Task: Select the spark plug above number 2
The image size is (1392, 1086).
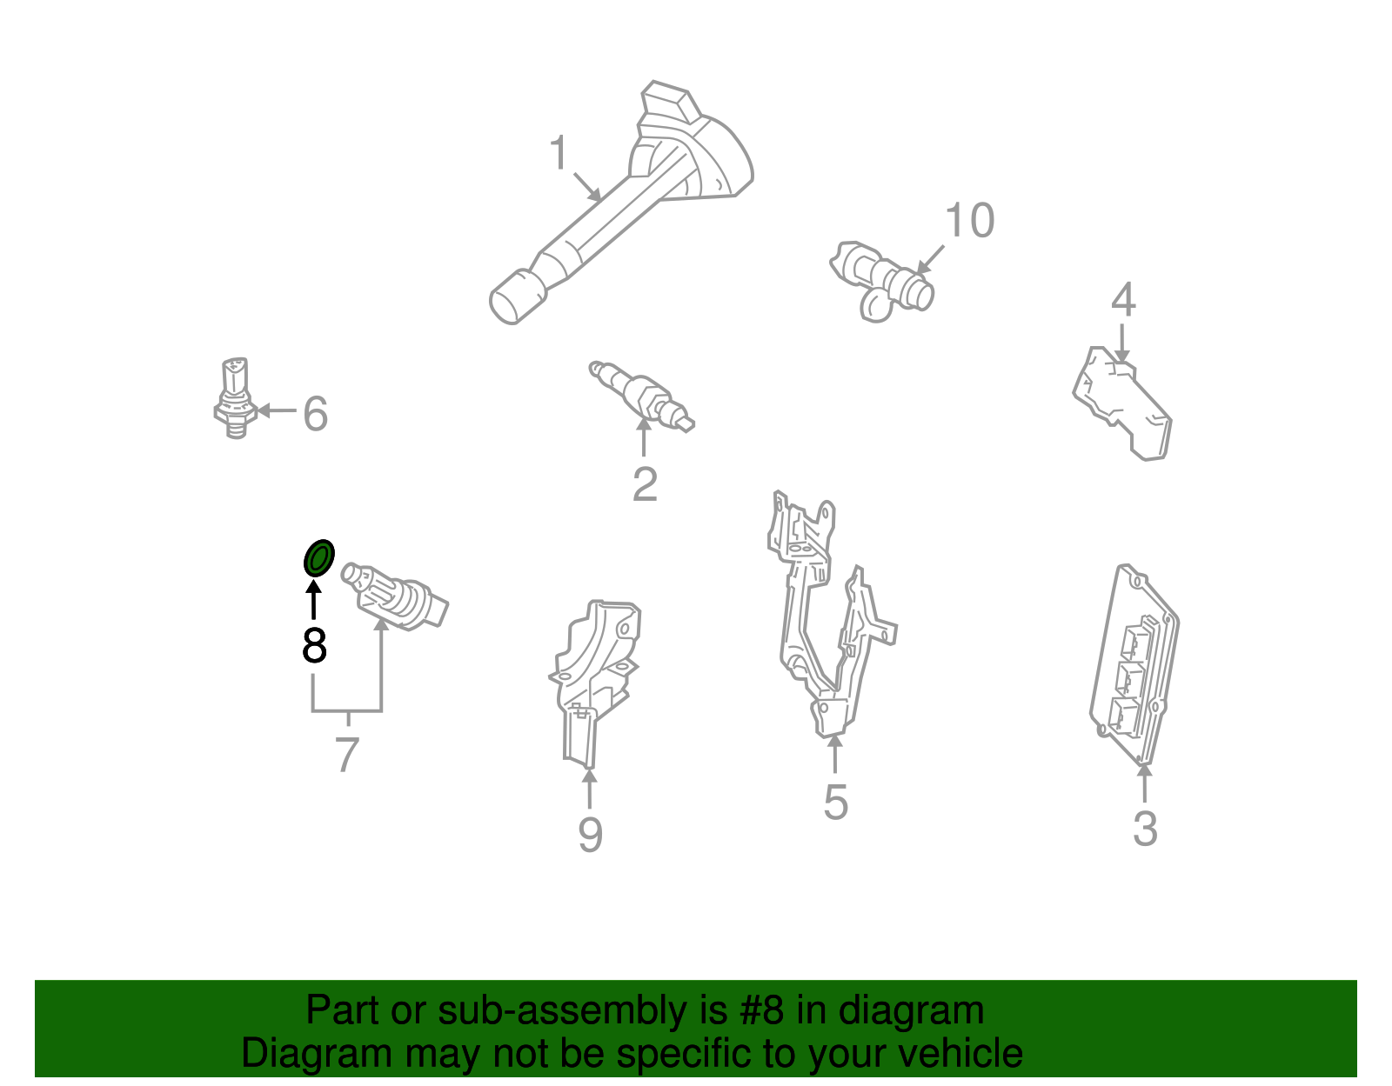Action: click(x=641, y=396)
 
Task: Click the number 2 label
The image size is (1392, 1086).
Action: click(x=645, y=485)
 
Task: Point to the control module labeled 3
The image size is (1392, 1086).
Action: click(x=1135, y=665)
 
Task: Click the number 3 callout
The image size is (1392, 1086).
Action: click(x=1145, y=829)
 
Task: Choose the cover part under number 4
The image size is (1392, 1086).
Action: click(x=1122, y=404)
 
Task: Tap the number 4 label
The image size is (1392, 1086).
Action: click(x=1123, y=300)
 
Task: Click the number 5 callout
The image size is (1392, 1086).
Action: click(x=835, y=802)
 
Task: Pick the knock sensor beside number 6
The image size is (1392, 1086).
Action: click(x=235, y=398)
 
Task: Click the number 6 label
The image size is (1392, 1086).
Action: click(x=315, y=414)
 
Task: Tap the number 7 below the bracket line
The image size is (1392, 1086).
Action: click(x=346, y=755)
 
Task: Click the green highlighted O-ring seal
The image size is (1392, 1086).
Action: click(x=318, y=557)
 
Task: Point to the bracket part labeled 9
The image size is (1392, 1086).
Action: click(x=596, y=678)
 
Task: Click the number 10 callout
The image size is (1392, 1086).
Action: click(x=969, y=221)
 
